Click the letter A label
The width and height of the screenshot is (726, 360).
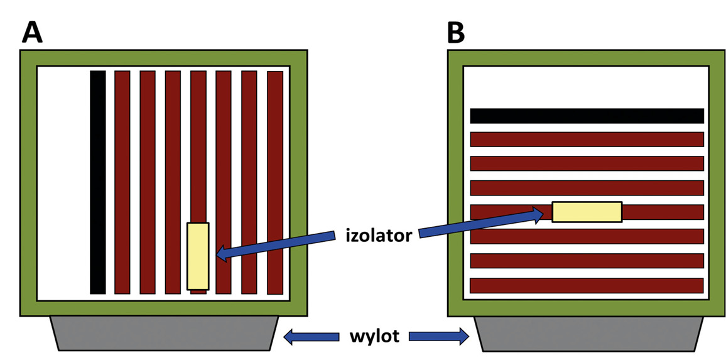pos(32,32)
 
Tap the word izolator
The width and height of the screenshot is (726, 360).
pos(379,236)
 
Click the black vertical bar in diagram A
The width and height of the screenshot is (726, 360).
pos(97,182)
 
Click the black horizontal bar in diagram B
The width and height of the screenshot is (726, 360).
pos(587,116)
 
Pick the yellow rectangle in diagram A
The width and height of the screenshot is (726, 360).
pos(197,256)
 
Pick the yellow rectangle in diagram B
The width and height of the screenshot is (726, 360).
pos(587,212)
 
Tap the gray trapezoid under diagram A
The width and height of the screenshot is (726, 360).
pos(163,333)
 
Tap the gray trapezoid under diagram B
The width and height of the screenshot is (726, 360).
pos(588,333)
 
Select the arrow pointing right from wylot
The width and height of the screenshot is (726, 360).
pos(439,337)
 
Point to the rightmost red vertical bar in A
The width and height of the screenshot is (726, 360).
pos(275,182)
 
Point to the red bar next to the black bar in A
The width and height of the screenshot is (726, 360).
pos(122,182)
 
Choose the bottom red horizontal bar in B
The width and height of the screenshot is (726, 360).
pos(587,285)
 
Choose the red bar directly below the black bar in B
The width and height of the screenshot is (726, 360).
pos(587,139)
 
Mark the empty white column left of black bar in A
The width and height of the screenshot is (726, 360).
pos(63,182)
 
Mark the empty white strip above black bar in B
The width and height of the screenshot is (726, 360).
pos(587,87)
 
